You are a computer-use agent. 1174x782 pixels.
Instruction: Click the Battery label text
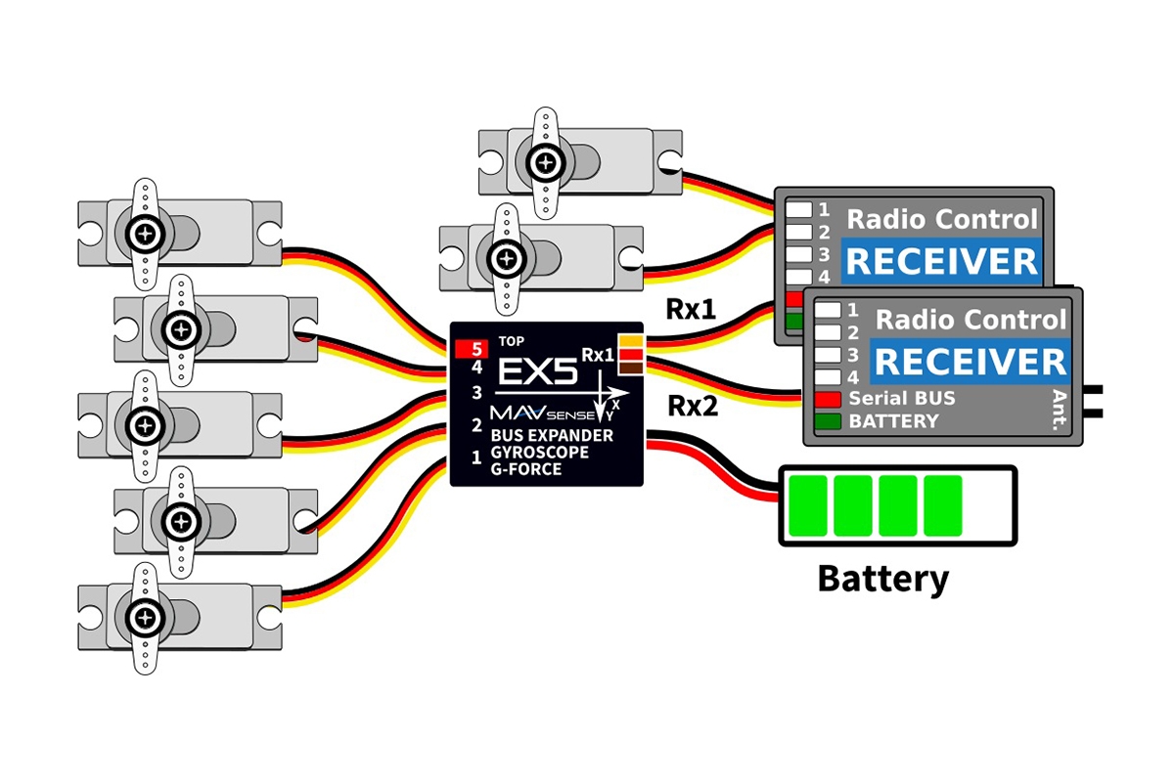(882, 579)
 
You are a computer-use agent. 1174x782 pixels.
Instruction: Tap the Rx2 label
(692, 406)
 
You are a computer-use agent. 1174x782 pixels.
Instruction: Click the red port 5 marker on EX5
(471, 347)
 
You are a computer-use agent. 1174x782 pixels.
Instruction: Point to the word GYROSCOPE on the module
(539, 454)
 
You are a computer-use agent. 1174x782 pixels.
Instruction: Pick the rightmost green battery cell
(943, 504)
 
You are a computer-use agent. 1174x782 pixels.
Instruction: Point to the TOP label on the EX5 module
(511, 342)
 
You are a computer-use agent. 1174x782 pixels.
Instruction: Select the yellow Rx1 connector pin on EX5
(630, 341)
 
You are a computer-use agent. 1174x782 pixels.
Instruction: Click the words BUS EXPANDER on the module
(552, 435)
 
